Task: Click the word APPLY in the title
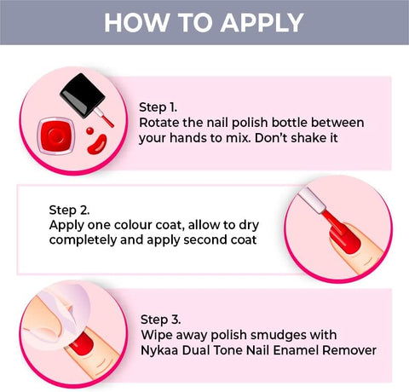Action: (262, 23)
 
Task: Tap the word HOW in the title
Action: (136, 23)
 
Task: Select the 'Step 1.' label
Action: (158, 107)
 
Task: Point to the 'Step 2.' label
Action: (69, 210)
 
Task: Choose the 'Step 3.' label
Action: (160, 320)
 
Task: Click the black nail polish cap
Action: (83, 95)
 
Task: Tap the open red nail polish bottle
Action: (56, 135)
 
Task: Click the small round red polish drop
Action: (90, 130)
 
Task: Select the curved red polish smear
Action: (97, 145)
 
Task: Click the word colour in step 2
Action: (133, 225)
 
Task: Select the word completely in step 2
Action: (83, 240)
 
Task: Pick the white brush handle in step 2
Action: (312, 200)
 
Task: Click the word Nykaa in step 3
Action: (159, 350)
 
